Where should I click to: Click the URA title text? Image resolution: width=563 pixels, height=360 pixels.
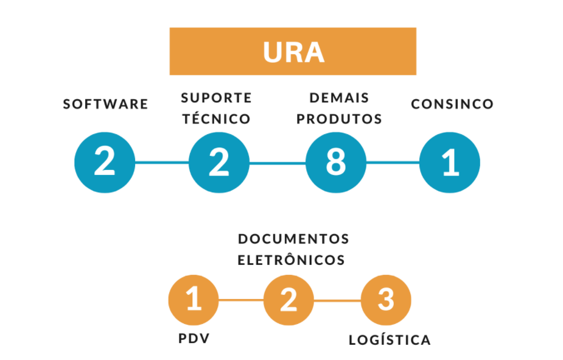(293, 52)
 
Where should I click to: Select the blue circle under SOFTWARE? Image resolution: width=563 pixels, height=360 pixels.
(105, 163)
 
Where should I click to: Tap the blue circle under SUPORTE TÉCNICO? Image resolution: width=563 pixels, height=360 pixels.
(219, 163)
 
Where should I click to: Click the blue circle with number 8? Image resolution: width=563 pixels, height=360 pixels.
(335, 163)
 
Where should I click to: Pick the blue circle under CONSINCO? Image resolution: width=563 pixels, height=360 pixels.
(450, 163)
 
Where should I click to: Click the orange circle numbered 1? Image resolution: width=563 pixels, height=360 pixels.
(194, 300)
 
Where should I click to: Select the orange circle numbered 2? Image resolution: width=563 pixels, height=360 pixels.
(288, 300)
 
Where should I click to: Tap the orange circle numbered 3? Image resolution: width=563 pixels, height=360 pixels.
(386, 300)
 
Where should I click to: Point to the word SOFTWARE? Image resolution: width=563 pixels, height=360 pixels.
(106, 104)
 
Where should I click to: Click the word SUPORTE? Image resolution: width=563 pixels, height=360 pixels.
(216, 97)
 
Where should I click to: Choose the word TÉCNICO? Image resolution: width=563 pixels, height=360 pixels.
(216, 119)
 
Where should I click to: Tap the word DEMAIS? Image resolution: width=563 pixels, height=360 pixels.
(339, 97)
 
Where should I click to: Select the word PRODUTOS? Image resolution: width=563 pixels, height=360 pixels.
(339, 119)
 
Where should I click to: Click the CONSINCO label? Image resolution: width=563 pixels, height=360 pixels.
(452, 104)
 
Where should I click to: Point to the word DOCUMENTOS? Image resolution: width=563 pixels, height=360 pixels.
(293, 238)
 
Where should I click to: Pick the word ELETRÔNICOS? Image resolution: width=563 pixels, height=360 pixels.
(291, 260)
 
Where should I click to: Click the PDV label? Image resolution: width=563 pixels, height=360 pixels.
(194, 338)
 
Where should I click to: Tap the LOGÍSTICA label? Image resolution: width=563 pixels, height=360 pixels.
(390, 340)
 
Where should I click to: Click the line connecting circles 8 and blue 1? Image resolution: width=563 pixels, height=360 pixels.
(393, 163)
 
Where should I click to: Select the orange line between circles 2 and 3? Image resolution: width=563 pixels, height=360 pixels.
(337, 300)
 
